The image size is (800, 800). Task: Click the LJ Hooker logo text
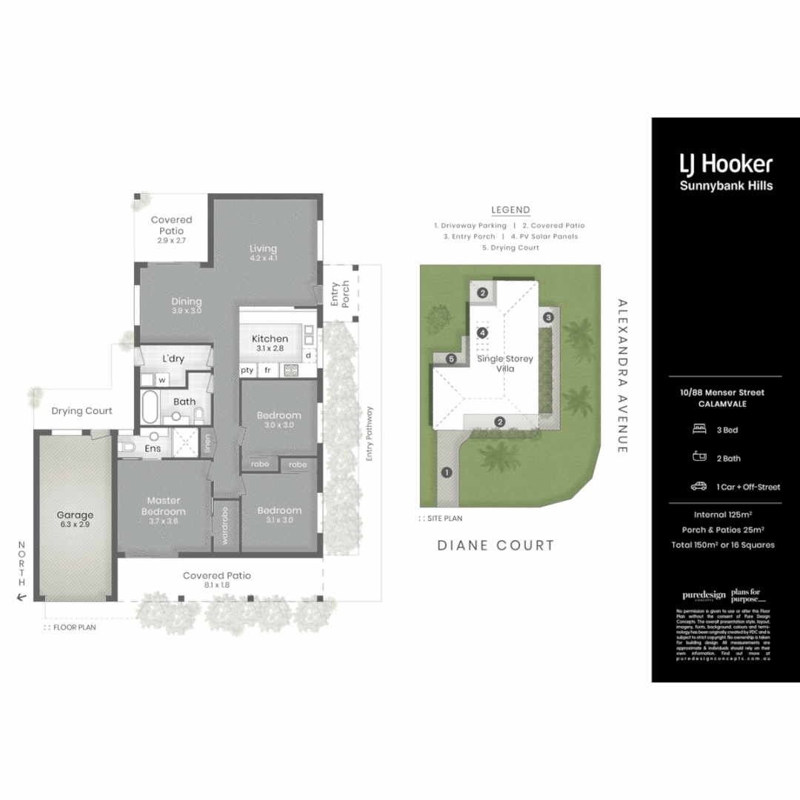click(726, 164)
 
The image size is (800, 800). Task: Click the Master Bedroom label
click(164, 506)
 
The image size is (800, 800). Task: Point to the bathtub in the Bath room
click(150, 407)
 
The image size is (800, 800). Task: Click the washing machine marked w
click(161, 379)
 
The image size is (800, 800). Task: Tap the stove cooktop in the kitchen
click(290, 370)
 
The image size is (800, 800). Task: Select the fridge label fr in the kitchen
click(267, 370)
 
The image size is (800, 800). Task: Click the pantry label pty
click(247, 370)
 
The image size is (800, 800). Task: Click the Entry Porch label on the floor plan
click(339, 294)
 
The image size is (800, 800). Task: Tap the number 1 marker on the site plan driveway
click(446, 472)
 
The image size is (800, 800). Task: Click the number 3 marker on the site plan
click(548, 317)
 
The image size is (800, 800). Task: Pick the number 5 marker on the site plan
click(450, 359)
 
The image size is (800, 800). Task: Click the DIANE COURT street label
click(496, 546)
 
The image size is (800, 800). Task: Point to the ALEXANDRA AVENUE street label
click(621, 376)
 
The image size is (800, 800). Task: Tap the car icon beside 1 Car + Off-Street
click(698, 487)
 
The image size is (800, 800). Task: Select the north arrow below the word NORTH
click(21, 596)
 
